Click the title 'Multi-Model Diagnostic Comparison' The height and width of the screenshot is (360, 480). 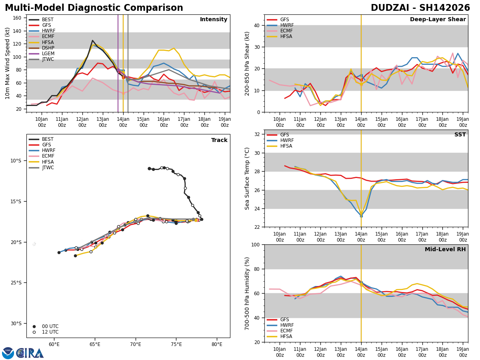(94, 8)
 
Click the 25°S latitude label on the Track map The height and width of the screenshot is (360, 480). (16, 283)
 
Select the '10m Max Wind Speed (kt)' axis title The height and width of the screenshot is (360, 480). (8, 63)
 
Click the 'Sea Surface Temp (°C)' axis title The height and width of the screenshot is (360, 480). (248, 178)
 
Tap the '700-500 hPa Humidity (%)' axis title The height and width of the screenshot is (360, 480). (248, 293)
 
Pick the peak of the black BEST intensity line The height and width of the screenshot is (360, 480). (92, 40)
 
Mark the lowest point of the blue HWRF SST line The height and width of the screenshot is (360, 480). (361, 217)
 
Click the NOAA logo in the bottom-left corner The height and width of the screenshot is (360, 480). (8, 353)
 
